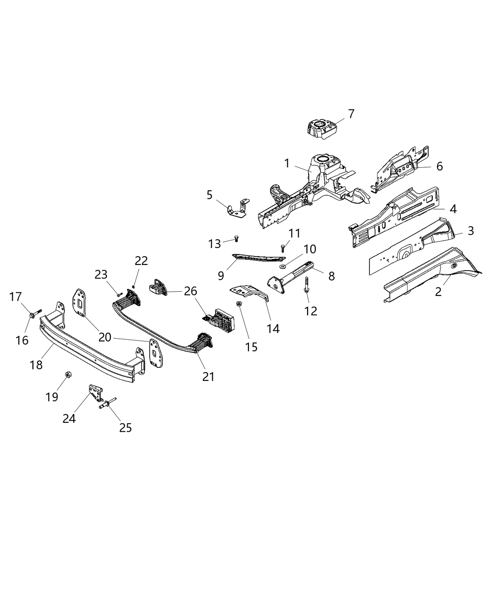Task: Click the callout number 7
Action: click(351, 114)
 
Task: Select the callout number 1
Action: click(287, 163)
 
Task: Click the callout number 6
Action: click(439, 166)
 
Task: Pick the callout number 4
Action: click(453, 209)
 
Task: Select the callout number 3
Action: click(470, 231)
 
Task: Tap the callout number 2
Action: click(438, 292)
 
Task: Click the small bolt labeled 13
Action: click(236, 240)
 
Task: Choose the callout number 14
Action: click(273, 329)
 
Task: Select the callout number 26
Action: click(191, 291)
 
